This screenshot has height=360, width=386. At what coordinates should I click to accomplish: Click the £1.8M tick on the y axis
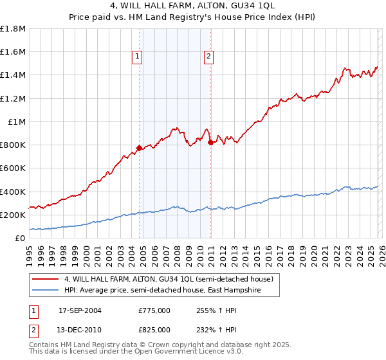pyautogui.click(x=13, y=29)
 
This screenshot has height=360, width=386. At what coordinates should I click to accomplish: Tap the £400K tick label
pyautogui.click(x=13, y=192)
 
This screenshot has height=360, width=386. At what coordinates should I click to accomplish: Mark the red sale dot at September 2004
pyautogui.click(x=139, y=148)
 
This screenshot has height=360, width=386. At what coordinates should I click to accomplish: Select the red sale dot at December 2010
pyautogui.click(x=210, y=142)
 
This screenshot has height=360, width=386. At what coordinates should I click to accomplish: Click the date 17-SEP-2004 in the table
pyautogui.click(x=81, y=310)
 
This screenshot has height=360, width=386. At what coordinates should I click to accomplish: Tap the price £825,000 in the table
pyautogui.click(x=154, y=329)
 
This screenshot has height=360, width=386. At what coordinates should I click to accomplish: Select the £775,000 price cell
pyautogui.click(x=154, y=310)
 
